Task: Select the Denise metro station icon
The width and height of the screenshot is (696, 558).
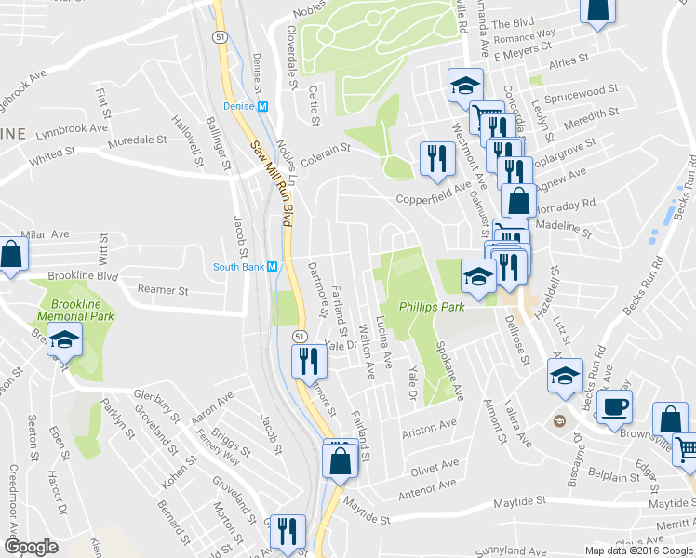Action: (262, 107)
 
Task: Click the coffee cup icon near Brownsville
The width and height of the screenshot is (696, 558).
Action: (613, 407)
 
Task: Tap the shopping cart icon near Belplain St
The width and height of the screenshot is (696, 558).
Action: (685, 449)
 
